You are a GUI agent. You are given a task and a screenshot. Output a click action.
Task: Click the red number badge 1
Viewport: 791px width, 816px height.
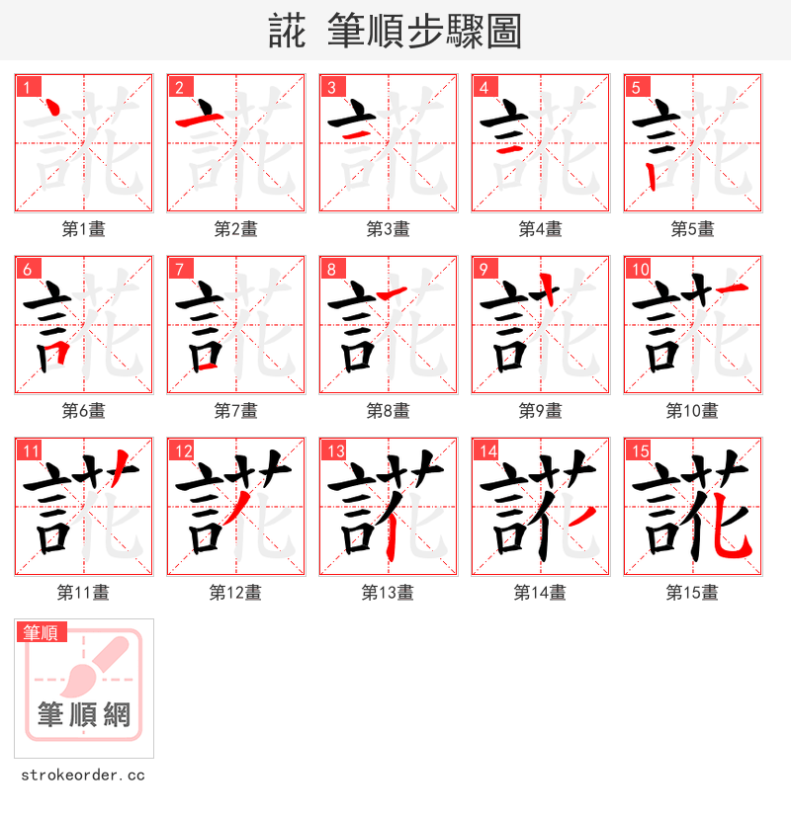click(x=26, y=87)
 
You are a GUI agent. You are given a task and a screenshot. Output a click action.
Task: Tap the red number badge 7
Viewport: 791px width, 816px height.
click(x=178, y=269)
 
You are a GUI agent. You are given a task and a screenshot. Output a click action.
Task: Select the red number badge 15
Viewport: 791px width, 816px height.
click(x=639, y=451)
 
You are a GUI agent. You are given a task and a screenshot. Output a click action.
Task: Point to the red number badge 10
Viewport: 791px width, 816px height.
click(x=639, y=269)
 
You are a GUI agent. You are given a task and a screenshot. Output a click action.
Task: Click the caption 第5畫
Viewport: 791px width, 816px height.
click(x=692, y=229)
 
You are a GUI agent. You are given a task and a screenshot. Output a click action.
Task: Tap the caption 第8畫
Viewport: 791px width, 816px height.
click(x=388, y=411)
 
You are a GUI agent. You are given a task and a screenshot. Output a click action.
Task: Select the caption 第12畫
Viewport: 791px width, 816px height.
click(x=235, y=593)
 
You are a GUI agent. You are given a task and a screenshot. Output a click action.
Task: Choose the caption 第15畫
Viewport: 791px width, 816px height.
click(x=692, y=593)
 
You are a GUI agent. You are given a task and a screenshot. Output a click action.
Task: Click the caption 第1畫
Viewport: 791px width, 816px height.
click(x=83, y=229)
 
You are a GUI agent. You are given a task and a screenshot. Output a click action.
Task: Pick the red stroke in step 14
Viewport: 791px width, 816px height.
click(x=583, y=516)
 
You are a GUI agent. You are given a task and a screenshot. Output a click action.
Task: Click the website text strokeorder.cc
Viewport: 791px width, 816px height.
click(x=83, y=775)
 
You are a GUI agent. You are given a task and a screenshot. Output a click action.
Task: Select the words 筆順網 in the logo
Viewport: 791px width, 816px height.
click(x=83, y=714)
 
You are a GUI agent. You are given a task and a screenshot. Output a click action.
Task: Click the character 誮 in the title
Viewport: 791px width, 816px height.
click(x=287, y=31)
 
